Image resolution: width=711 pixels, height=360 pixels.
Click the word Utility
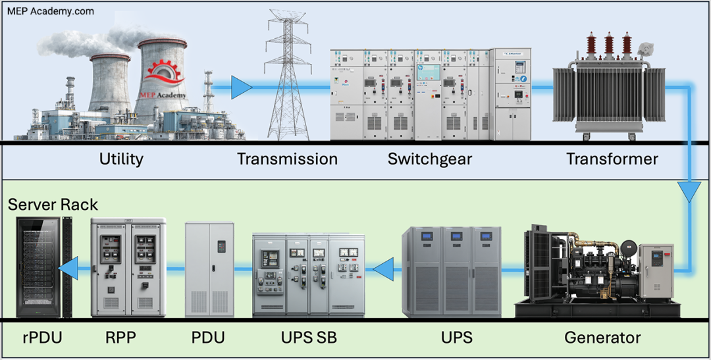pyautogui.click(x=121, y=159)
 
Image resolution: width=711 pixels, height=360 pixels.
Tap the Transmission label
pyautogui.click(x=287, y=159)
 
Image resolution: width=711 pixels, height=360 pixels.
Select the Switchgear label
pyautogui.click(x=429, y=159)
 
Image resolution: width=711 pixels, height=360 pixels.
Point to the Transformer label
pyautogui.click(x=612, y=159)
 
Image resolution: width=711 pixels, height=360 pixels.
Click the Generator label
pyautogui.click(x=602, y=338)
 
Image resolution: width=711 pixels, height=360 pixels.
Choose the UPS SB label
pyautogui.click(x=308, y=338)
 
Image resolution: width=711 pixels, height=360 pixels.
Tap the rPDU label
pyautogui.click(x=42, y=338)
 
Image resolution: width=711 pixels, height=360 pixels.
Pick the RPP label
pyautogui.click(x=120, y=338)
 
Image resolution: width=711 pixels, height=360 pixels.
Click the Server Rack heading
pyautogui.click(x=53, y=205)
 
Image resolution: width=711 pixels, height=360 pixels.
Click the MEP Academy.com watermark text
pyautogui.click(x=50, y=11)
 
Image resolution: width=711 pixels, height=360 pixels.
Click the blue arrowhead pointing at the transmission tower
pyautogui.click(x=241, y=88)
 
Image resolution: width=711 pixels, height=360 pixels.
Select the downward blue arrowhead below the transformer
pyautogui.click(x=689, y=192)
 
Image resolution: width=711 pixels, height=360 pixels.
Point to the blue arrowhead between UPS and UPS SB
pyautogui.click(x=383, y=269)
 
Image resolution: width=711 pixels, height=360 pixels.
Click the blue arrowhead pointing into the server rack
pyautogui.click(x=68, y=269)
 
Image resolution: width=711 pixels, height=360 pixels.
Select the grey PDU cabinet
pyautogui.click(x=209, y=269)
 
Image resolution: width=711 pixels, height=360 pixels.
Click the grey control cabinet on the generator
pyautogui.click(x=656, y=272)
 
